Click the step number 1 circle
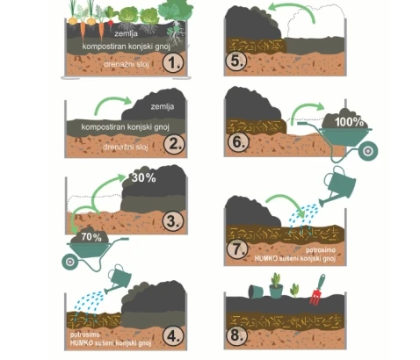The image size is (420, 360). [173, 62]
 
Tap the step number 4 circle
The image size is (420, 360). [173, 336]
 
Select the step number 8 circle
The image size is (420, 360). [237, 335]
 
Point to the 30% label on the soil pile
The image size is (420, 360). [143, 177]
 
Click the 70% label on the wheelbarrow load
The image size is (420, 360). [91, 236]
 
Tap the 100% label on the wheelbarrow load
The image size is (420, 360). [349, 122]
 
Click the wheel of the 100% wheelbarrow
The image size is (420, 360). [368, 151]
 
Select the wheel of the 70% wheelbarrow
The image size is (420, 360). [70, 262]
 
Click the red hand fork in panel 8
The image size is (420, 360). [316, 290]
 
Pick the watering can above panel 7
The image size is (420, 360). [338, 186]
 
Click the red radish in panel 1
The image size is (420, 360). [111, 20]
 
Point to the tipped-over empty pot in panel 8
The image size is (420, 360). [256, 292]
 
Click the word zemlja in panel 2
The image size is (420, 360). [163, 106]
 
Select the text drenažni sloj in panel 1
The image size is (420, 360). [127, 64]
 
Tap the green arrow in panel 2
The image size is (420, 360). [112, 104]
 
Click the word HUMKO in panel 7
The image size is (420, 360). [265, 258]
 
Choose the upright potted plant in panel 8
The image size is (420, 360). [276, 285]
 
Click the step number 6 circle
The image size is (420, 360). [238, 142]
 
